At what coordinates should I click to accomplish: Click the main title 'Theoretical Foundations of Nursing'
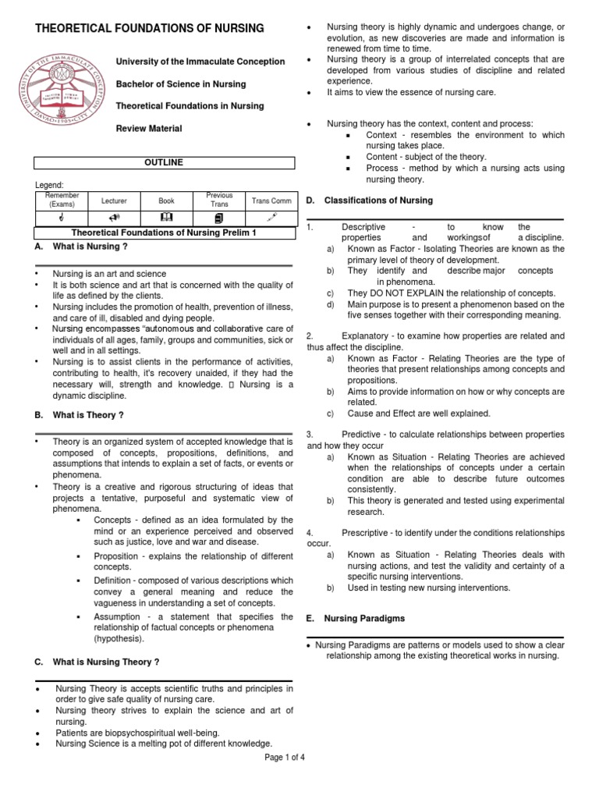151,29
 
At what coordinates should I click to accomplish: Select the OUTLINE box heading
164,162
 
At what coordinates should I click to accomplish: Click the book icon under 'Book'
166,216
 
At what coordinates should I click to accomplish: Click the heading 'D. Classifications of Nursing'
369,201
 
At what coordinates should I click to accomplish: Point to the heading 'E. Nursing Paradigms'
356,618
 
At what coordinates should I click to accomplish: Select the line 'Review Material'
149,128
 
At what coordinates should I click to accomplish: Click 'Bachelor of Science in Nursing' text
180,83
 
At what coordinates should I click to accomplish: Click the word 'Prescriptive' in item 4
366,532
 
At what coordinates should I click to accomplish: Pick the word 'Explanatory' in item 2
367,335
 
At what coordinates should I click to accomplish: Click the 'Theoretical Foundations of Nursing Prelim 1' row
164,233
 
